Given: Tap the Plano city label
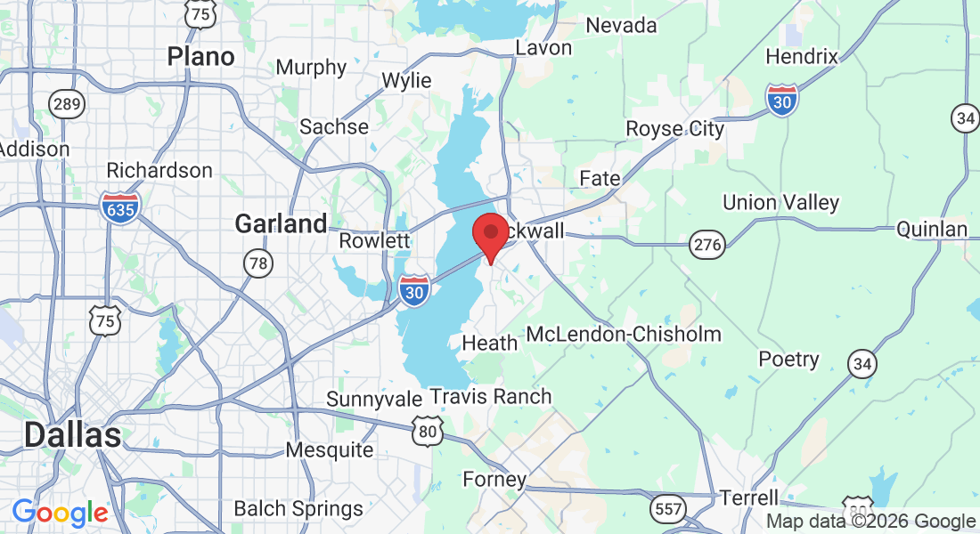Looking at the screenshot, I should click(201, 57).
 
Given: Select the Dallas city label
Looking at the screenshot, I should click(72, 435).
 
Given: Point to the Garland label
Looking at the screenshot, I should click(281, 223).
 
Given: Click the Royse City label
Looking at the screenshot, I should click(674, 129).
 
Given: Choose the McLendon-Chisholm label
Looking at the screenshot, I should click(624, 335).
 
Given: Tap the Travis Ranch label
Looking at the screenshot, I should click(491, 396).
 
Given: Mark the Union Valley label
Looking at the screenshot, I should click(780, 203).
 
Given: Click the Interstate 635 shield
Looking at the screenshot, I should click(119, 207).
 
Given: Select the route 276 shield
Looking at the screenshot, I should click(707, 243).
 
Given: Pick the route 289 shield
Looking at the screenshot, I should click(68, 105).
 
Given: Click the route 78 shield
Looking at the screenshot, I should click(258, 263).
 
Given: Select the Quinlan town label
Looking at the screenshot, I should click(931, 230).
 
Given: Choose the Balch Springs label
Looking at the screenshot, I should click(298, 509).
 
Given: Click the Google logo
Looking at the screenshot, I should click(60, 514).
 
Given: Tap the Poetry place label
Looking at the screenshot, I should click(788, 360).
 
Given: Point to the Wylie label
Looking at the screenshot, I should click(406, 80).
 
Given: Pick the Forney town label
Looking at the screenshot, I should click(494, 480).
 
